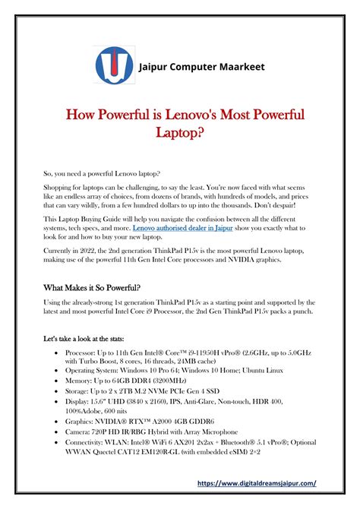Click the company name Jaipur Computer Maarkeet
click(201, 67)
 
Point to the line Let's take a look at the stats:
click(96, 336)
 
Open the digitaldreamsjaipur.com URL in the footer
click(256, 482)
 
